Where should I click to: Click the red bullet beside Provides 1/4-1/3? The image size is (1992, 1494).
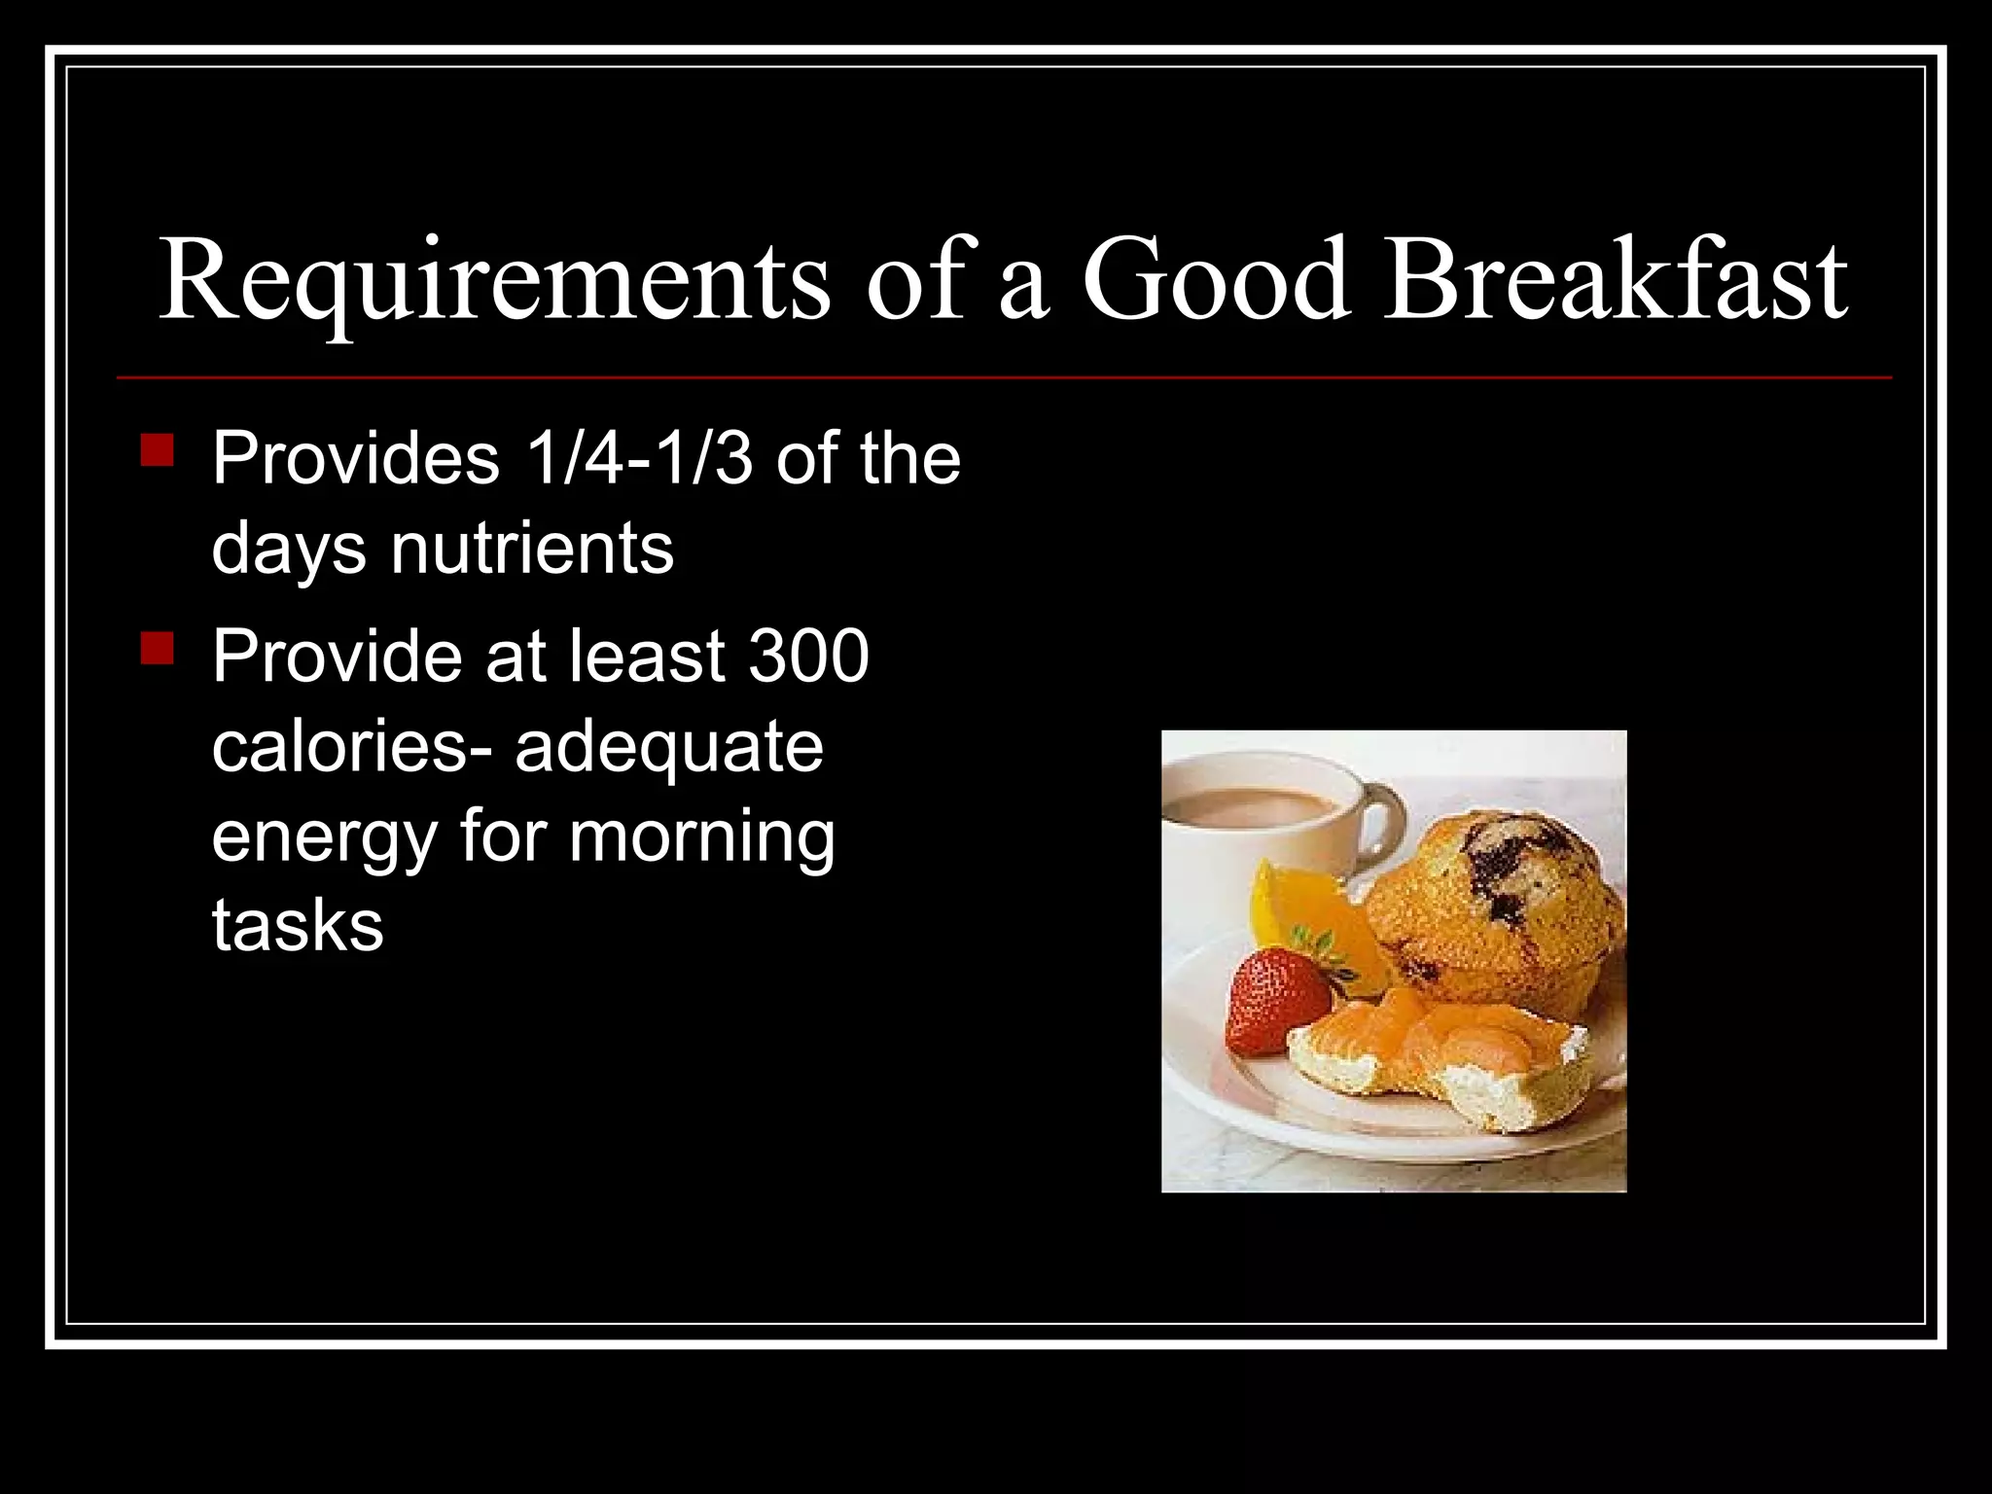[x=157, y=450]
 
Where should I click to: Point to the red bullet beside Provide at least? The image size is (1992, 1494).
[x=157, y=648]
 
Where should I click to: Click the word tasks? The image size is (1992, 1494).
[x=298, y=925]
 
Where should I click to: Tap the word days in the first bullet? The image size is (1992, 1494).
[x=289, y=550]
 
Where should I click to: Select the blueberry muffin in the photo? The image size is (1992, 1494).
[x=1498, y=905]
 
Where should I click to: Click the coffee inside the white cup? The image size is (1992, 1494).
[x=1250, y=806]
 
